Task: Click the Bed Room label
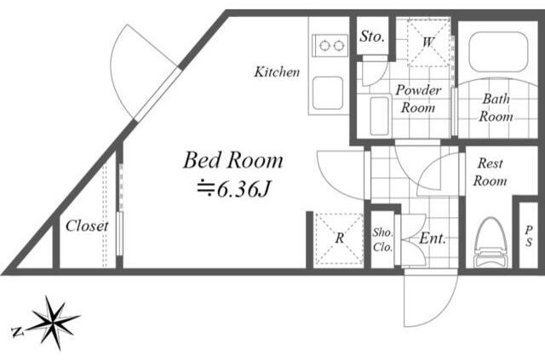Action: point(232,161)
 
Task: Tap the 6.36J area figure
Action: point(233,189)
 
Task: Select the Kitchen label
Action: point(277,72)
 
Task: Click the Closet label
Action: point(87,226)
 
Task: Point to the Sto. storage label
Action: point(372,36)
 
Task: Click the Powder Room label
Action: point(418,99)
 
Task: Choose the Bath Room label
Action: point(496,108)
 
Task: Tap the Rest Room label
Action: point(490,172)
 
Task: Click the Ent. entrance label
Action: point(433,238)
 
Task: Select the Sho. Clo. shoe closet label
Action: point(382,240)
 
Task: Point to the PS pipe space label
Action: point(529,237)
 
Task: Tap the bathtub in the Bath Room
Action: point(498,52)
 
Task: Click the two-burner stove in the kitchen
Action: point(330,45)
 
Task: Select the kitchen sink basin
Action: point(328,93)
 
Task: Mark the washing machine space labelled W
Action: point(428,43)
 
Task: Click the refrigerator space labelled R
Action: point(339,238)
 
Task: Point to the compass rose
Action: point(53,322)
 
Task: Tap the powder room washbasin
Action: point(379,116)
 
